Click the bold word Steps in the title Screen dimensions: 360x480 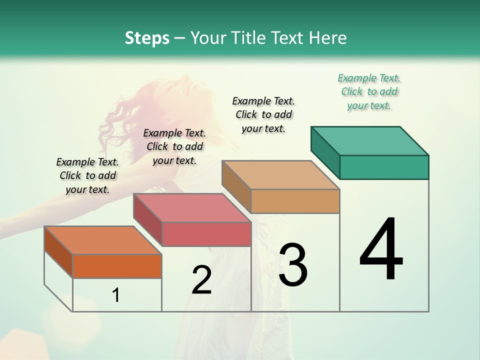click(x=147, y=38)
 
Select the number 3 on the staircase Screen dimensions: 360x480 click(x=292, y=264)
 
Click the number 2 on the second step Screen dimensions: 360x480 click(x=201, y=280)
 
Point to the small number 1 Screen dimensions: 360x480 click(x=116, y=295)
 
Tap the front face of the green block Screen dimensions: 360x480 click(x=384, y=167)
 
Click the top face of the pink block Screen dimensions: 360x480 click(x=192, y=208)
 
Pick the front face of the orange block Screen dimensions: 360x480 click(x=117, y=266)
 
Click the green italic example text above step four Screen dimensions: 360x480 click(x=369, y=91)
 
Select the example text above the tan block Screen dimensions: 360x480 click(x=263, y=114)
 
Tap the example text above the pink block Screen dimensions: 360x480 click(x=174, y=146)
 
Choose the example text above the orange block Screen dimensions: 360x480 click(x=87, y=175)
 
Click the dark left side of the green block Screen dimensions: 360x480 click(x=325, y=152)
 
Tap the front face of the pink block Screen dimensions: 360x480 click(x=206, y=234)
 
